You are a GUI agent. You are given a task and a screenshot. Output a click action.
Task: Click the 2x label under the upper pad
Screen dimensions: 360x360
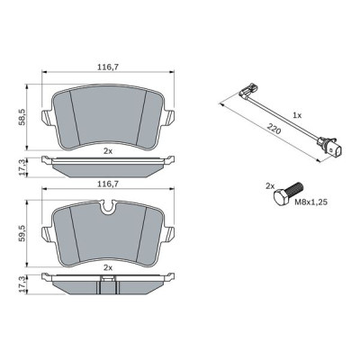pos(107,150)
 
